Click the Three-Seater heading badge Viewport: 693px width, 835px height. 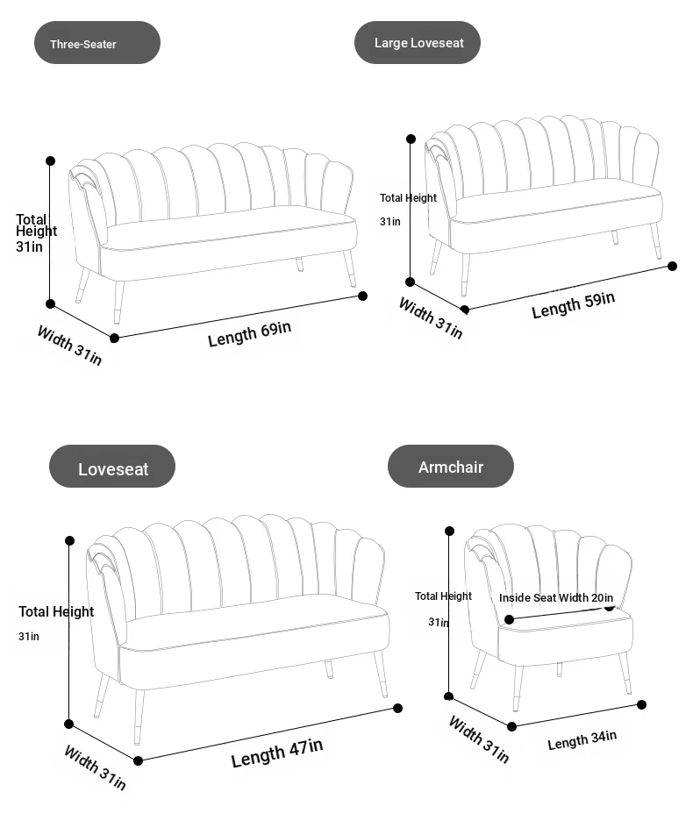97,43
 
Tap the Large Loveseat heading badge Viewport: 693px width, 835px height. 417,43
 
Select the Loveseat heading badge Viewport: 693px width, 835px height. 112,466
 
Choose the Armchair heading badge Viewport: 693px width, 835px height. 451,466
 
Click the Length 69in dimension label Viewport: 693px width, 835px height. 249,334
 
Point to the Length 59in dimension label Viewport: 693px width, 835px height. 573,305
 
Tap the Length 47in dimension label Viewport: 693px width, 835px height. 277,753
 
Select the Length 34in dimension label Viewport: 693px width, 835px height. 582,740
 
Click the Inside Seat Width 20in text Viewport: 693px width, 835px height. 556,598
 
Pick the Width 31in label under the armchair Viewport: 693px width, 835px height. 479,739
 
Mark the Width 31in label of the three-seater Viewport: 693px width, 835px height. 69,345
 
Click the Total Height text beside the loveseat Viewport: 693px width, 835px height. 56,611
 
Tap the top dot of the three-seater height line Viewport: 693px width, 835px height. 51,161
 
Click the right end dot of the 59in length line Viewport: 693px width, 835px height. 672,266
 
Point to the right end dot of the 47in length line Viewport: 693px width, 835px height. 397,709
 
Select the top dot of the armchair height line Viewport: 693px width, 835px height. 449,531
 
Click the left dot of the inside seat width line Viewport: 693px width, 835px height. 510,620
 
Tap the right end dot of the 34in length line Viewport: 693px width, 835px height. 642,705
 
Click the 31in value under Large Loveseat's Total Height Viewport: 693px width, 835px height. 389,222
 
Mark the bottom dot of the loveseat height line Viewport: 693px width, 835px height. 68,724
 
